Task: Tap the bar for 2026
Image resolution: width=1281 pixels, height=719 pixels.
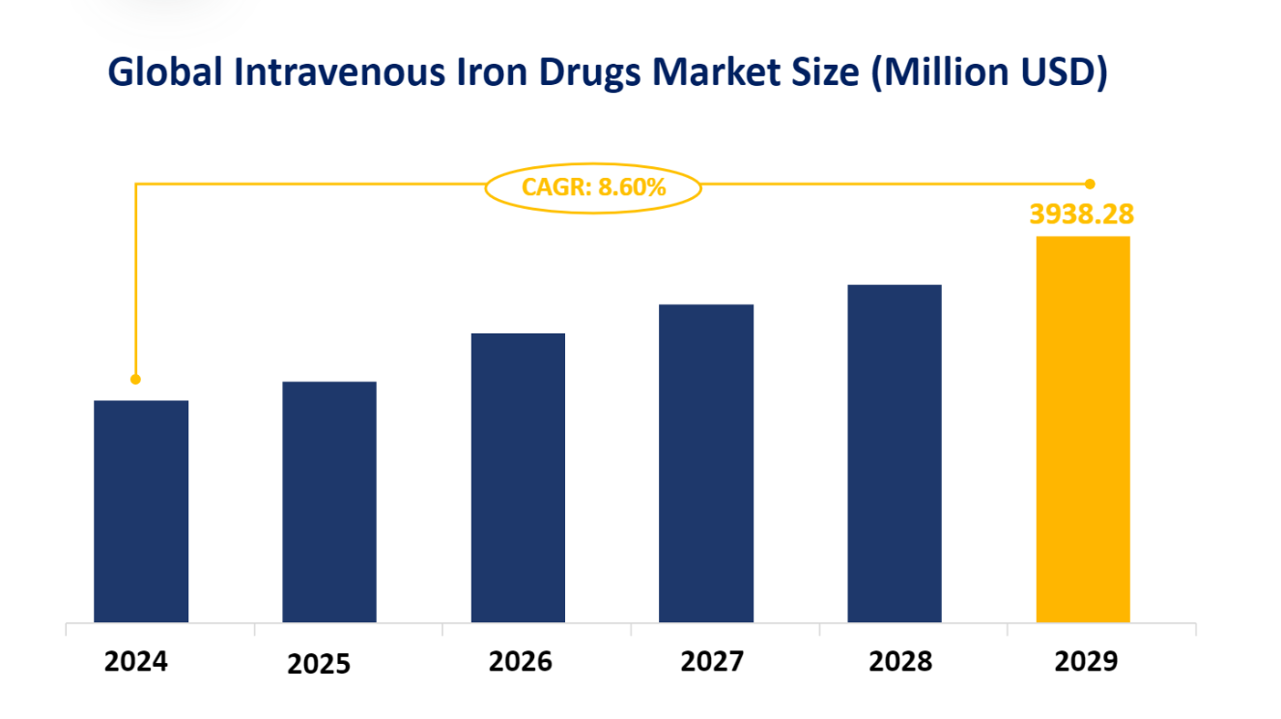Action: (518, 477)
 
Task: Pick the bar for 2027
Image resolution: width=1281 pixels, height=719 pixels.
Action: (706, 463)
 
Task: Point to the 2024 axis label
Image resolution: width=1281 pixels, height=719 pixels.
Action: (136, 662)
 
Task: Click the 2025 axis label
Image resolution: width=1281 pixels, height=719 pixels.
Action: (319, 665)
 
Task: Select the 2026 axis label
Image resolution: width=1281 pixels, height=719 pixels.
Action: (520, 662)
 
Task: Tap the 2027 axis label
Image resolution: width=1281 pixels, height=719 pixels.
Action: (712, 662)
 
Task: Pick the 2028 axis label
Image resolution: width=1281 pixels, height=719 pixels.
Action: (900, 662)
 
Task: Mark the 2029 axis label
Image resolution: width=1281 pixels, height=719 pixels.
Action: (1086, 662)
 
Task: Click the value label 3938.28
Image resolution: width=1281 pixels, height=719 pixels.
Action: (1082, 215)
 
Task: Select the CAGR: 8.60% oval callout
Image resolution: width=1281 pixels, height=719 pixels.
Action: (593, 187)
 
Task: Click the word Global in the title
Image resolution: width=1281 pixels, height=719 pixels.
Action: (163, 73)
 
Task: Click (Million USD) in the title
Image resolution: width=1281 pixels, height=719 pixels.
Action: (988, 73)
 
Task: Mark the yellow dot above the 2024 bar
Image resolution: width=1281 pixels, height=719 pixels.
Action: (135, 379)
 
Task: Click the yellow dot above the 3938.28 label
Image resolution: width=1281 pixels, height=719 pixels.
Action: (1090, 184)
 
